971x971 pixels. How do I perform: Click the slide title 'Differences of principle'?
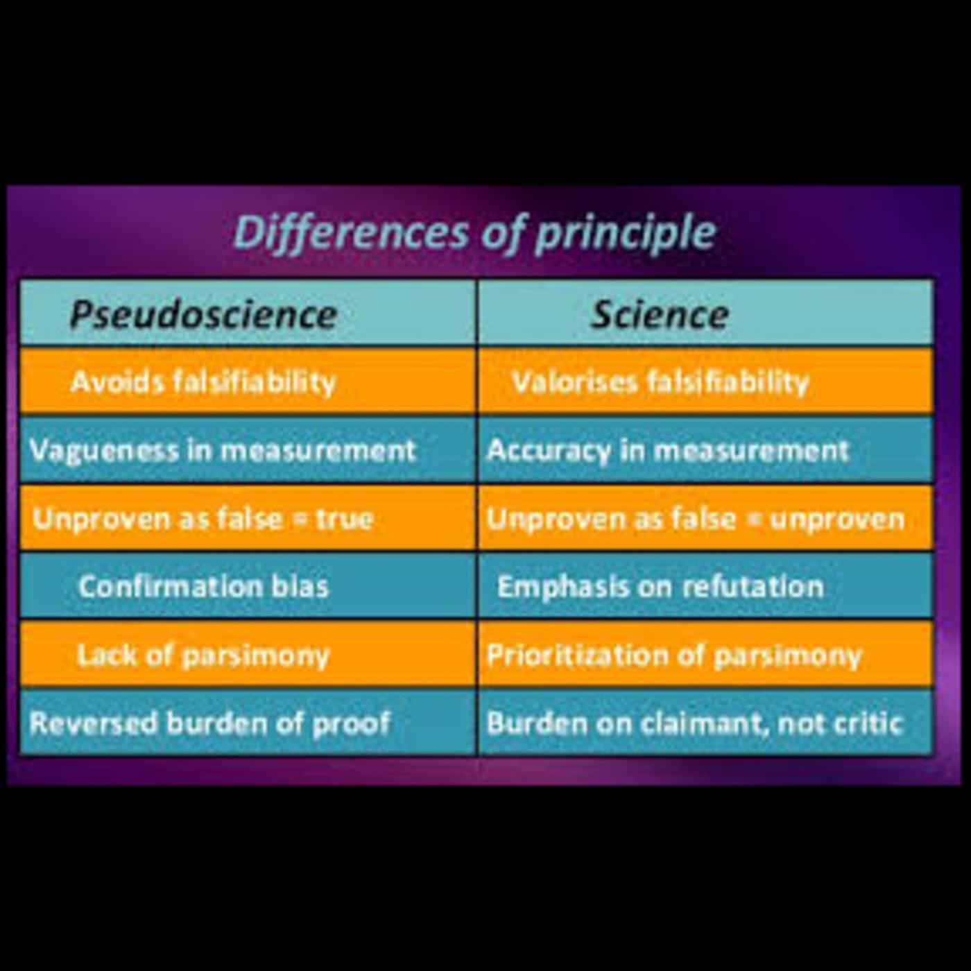pyautogui.click(x=474, y=232)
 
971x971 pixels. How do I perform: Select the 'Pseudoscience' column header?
pyautogui.click(x=203, y=314)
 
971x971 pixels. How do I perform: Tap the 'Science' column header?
pyautogui.click(x=660, y=314)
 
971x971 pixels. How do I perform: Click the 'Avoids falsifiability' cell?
pyautogui.click(x=203, y=381)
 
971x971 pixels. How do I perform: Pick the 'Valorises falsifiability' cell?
pyautogui.click(x=660, y=381)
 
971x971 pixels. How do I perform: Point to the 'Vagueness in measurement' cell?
pyautogui.click(x=223, y=450)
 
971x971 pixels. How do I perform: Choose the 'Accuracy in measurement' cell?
pyautogui.click(x=668, y=450)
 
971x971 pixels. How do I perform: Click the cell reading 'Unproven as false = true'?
pyautogui.click(x=203, y=519)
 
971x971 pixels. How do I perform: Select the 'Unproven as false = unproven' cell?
pyautogui.click(x=696, y=519)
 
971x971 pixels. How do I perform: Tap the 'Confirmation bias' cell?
pyautogui.click(x=203, y=587)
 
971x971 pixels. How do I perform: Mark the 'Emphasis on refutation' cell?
pyautogui.click(x=660, y=587)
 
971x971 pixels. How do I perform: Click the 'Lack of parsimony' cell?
pyautogui.click(x=203, y=655)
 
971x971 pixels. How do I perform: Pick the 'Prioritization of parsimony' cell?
pyautogui.click(x=673, y=655)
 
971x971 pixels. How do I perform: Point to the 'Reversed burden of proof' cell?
pyautogui.click(x=210, y=723)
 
